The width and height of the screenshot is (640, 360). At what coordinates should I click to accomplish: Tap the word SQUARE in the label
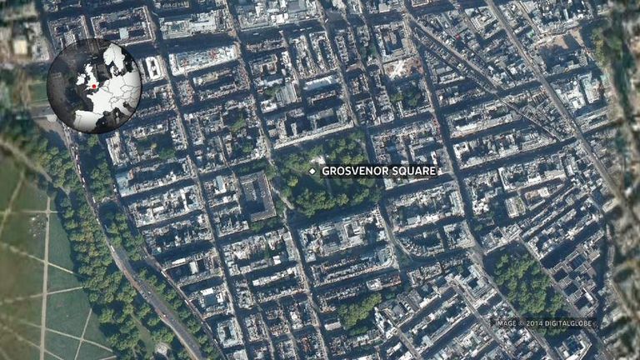click(412, 171)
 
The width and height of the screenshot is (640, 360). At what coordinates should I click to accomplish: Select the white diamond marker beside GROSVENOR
click(312, 171)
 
